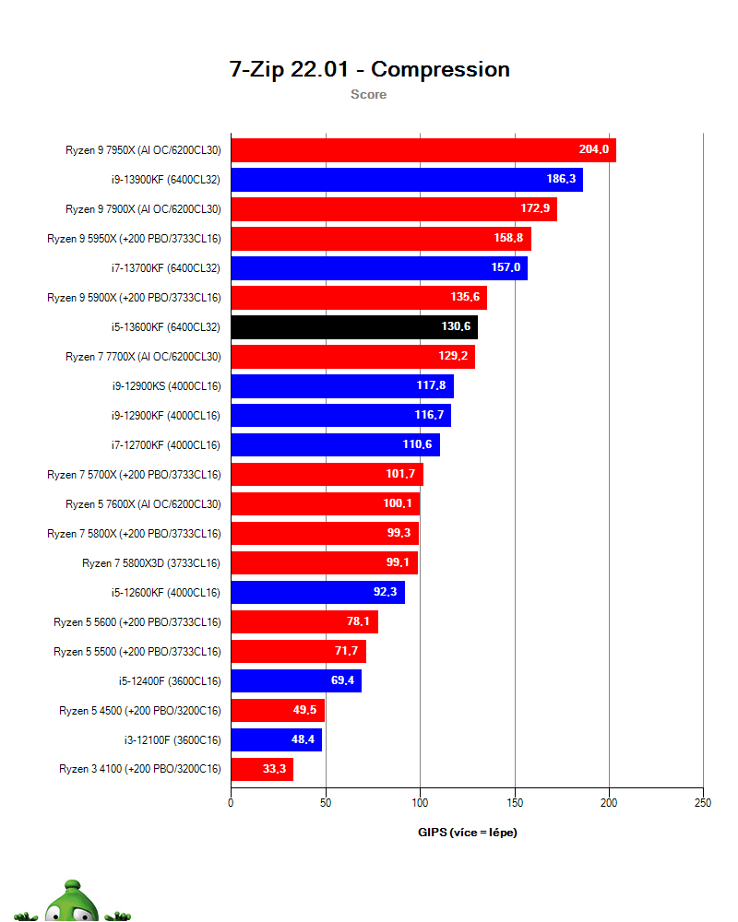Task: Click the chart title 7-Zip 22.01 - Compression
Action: point(369,69)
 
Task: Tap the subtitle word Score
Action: point(368,94)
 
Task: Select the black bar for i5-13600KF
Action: point(354,327)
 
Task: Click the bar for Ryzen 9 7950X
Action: point(423,150)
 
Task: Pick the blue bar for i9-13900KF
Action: point(407,180)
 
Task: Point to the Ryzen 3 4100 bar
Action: point(263,769)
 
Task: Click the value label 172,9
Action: point(535,208)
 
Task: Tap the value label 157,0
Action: point(506,267)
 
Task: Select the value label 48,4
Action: point(303,739)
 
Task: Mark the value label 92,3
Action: point(385,592)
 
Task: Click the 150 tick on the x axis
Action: point(515,803)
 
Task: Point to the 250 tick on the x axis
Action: point(703,803)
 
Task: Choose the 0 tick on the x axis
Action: point(231,803)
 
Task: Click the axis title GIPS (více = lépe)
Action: point(468,832)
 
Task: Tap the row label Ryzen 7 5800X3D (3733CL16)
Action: point(151,563)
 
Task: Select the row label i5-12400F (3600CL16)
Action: point(170,681)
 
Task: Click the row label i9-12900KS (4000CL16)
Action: point(167,386)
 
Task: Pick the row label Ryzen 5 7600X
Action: point(143,504)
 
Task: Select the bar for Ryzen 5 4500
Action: point(278,710)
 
